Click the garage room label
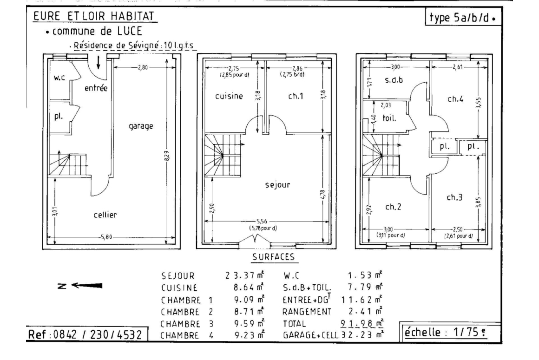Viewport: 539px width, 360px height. pyautogui.click(x=141, y=126)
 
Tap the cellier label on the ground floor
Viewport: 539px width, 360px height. pyautogui.click(x=105, y=215)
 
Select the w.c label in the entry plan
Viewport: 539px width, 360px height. pyautogui.click(x=59, y=78)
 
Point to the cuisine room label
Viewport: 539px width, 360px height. pyautogui.click(x=229, y=96)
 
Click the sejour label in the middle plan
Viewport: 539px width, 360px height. pyautogui.click(x=278, y=185)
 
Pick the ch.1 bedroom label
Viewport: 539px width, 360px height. pyautogui.click(x=296, y=96)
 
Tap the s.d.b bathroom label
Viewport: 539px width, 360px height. pyautogui.click(x=394, y=80)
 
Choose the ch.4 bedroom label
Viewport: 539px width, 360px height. pyautogui.click(x=455, y=99)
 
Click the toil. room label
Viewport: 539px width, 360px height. pyautogui.click(x=389, y=118)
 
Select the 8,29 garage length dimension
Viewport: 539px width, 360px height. pyautogui.click(x=167, y=156)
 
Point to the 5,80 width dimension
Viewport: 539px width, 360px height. pyautogui.click(x=106, y=237)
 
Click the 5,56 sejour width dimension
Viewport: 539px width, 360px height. pyautogui.click(x=262, y=222)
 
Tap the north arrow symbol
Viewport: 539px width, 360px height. pyautogui.click(x=80, y=286)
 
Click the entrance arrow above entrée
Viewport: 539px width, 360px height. pyautogui.click(x=99, y=62)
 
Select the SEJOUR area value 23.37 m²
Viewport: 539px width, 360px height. pyautogui.click(x=245, y=275)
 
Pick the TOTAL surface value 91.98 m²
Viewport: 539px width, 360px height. pyautogui.click(x=362, y=323)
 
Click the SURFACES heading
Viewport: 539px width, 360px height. pyautogui.click(x=274, y=257)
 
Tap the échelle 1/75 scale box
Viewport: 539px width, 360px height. pyautogui.click(x=450, y=332)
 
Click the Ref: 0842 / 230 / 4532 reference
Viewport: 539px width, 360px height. pyautogui.click(x=85, y=334)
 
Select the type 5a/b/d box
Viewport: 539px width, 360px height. pyautogui.click(x=463, y=17)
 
